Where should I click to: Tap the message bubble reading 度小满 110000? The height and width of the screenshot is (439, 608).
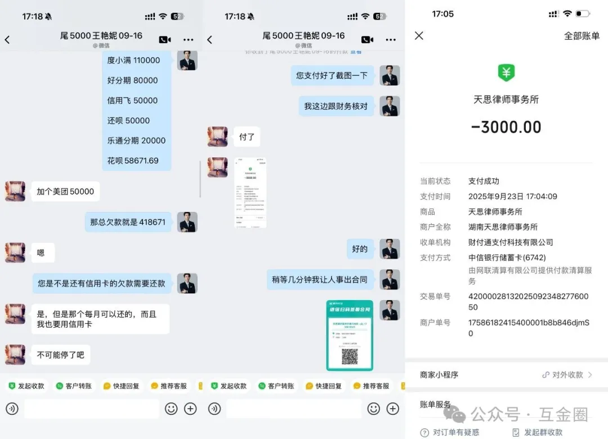134,60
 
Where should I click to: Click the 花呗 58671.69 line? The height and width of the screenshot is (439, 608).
133,160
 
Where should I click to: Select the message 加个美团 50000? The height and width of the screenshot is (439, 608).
65,191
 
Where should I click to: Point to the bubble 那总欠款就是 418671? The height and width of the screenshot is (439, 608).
128,222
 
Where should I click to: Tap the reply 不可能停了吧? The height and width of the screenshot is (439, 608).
60,355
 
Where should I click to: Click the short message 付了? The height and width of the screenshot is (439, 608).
247,137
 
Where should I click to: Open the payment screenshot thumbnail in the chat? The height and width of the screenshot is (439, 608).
250,193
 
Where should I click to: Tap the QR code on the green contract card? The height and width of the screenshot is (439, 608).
350,356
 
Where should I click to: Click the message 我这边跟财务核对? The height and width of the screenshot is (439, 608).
336,106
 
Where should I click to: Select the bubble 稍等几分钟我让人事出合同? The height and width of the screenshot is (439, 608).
320,279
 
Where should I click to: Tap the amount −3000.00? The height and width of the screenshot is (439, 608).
506,127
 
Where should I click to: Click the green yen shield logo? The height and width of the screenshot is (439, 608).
506,73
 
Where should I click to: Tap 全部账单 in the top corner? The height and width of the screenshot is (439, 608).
582,36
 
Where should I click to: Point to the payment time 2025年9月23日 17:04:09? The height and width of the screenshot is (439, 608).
512,197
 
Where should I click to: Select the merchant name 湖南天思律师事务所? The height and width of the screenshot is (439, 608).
503,227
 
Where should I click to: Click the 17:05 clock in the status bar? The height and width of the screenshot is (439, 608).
442,14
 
